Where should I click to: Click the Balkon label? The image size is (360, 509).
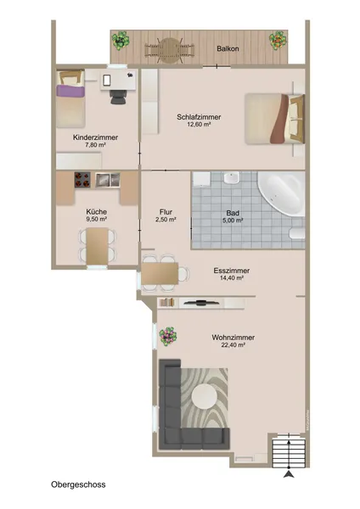tap(228, 49)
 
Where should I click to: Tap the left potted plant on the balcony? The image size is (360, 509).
tap(121, 39)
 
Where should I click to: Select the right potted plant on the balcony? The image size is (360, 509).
tap(278, 39)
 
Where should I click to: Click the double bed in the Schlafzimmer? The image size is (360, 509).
tap(273, 119)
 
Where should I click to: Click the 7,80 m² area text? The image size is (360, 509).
tap(95, 145)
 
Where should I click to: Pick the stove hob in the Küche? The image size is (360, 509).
tap(83, 179)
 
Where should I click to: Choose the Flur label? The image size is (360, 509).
tap(166, 212)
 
